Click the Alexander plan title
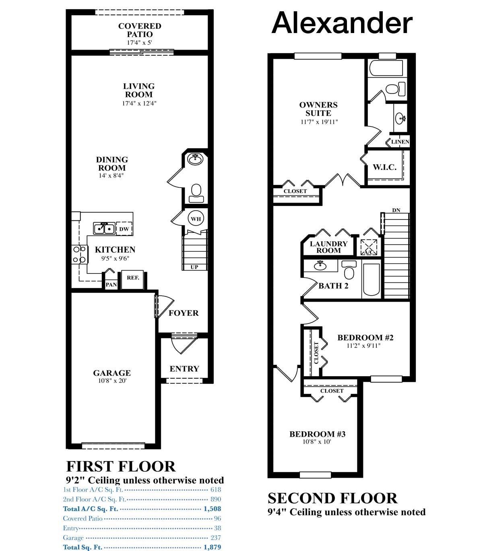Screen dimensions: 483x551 tap(342, 23)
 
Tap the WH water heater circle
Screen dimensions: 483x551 tap(196, 219)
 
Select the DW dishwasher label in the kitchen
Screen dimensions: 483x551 tap(124, 229)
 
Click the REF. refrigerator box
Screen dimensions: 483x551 tap(133, 280)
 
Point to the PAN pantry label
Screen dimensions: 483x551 tap(111, 284)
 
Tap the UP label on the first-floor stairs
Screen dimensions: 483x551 tap(194, 267)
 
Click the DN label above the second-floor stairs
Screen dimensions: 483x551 tap(396, 210)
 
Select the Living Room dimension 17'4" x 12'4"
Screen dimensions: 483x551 tap(139, 104)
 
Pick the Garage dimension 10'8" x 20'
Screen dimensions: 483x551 tap(112, 381)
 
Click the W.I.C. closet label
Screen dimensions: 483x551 tap(384, 167)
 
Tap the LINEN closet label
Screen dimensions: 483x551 tap(400, 142)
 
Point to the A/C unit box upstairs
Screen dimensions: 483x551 tap(369, 247)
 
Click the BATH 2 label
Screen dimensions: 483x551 tap(333, 286)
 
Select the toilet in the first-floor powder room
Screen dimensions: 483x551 tap(196, 193)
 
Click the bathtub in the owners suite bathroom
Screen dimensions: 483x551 tap(386, 68)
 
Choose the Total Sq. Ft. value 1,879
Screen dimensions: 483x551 tap(212, 547)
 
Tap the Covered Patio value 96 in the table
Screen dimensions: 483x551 tap(217, 518)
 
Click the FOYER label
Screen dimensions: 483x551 tap(184, 313)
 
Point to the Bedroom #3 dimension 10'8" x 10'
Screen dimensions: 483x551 tap(317, 441)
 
